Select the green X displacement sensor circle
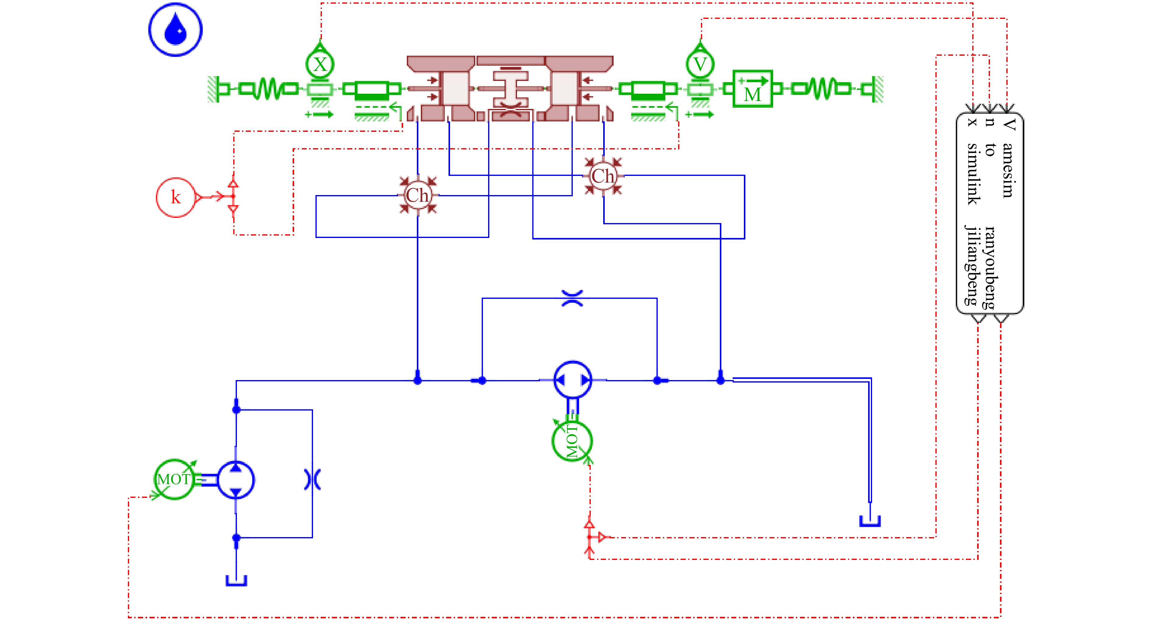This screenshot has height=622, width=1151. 320,64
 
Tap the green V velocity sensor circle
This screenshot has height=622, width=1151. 700,64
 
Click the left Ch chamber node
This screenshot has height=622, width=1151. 417,195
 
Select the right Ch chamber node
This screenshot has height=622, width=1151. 603,176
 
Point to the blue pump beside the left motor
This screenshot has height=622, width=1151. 236,480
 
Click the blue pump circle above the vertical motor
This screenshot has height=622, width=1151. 573,380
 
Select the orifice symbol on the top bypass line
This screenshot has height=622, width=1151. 572,298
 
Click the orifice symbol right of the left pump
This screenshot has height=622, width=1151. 312,479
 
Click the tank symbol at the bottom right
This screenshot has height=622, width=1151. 870,521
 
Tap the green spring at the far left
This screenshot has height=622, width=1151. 268,89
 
